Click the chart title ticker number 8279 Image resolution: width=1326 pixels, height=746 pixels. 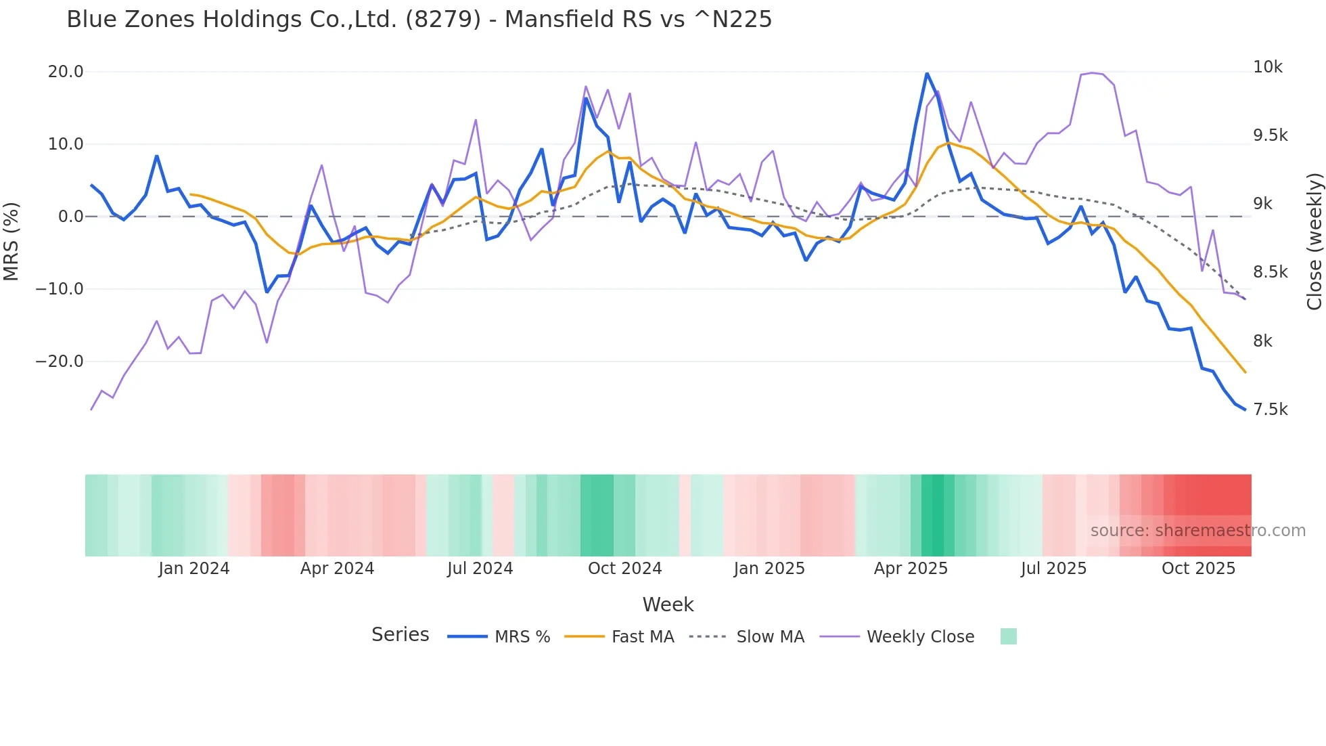(443, 20)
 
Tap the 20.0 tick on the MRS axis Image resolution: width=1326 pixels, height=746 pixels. (66, 72)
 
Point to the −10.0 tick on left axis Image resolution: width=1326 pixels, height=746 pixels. (60, 289)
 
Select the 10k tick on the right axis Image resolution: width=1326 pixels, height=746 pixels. (1268, 67)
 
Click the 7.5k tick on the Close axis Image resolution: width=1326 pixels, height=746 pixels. (1270, 410)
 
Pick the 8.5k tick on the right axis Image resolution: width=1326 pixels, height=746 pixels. (1270, 272)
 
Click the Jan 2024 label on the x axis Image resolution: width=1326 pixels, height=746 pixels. (194, 569)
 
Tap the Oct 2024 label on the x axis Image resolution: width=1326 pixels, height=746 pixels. (624, 569)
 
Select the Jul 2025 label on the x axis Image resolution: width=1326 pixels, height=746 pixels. (1053, 569)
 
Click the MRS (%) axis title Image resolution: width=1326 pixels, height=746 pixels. (12, 241)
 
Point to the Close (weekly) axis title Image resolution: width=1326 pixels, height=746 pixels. (1314, 241)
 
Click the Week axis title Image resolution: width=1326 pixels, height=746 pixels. (668, 605)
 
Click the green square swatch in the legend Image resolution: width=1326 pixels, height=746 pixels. (1008, 636)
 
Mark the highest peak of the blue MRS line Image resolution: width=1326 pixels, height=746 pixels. (927, 73)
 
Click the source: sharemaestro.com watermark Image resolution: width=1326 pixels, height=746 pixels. (1197, 531)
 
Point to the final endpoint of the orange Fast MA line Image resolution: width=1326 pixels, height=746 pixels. (1245, 372)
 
